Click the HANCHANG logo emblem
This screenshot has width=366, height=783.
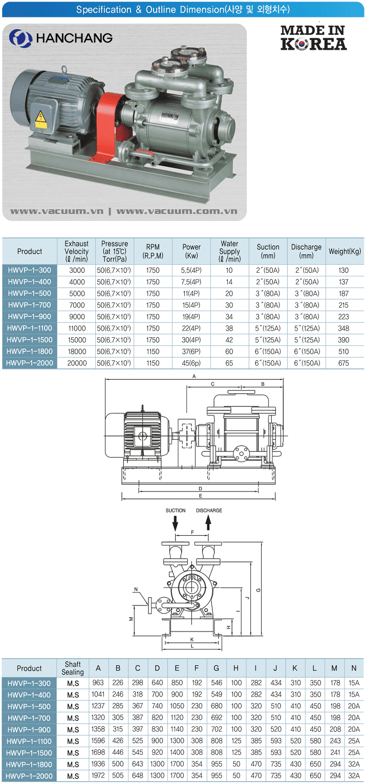pos(20,38)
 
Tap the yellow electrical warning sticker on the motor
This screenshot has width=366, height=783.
pos(41,119)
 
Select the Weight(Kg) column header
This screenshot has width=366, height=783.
pos(345,251)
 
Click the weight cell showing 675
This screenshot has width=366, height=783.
pos(343,363)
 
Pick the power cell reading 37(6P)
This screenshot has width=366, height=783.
pos(191,352)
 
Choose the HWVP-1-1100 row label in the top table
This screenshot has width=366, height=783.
pos(30,328)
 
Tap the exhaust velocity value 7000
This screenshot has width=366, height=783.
pos(77,305)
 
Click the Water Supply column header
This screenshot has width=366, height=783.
pos(230,251)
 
